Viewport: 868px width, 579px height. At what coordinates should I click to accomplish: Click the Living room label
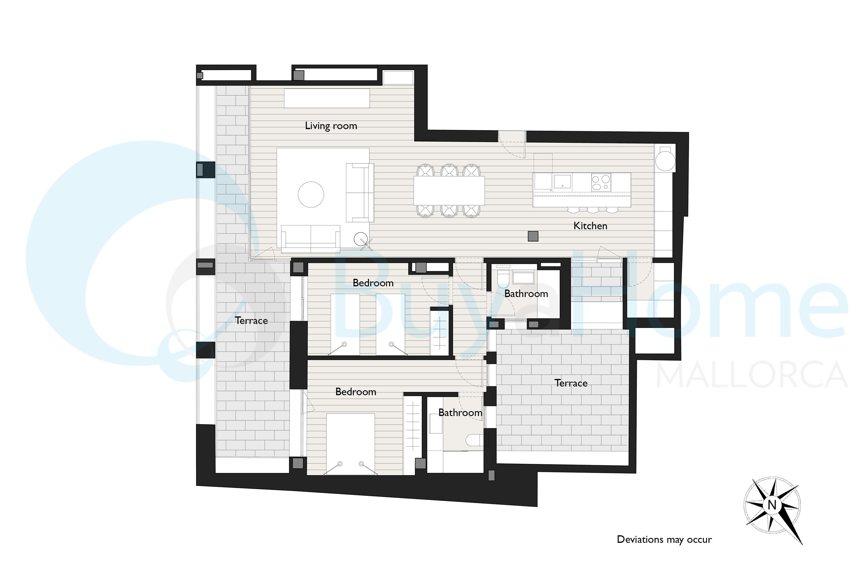(x=331, y=126)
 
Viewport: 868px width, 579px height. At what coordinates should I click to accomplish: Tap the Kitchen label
(x=590, y=226)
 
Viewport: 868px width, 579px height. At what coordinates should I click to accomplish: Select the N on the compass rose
(x=772, y=504)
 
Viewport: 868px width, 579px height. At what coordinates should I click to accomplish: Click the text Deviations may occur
(x=664, y=540)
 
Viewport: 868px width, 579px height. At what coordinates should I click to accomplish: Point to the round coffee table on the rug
(x=311, y=195)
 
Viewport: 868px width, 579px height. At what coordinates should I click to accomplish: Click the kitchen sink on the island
(x=562, y=182)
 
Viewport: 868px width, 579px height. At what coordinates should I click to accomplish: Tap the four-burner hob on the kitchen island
(x=601, y=182)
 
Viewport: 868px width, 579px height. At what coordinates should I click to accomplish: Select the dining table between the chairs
(x=449, y=190)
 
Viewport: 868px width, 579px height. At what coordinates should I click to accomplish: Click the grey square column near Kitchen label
(x=533, y=236)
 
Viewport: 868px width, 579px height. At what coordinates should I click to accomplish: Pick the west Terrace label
(x=251, y=320)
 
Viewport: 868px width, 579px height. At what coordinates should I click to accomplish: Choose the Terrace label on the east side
(x=571, y=383)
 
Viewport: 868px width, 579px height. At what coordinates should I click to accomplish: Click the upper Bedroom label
(x=373, y=283)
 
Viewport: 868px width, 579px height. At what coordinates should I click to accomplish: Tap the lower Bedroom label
(x=356, y=392)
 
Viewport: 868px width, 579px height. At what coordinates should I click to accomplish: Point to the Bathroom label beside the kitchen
(x=526, y=294)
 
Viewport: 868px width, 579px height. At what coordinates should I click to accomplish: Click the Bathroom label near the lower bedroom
(x=460, y=413)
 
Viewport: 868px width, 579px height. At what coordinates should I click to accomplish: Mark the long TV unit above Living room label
(x=327, y=98)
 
